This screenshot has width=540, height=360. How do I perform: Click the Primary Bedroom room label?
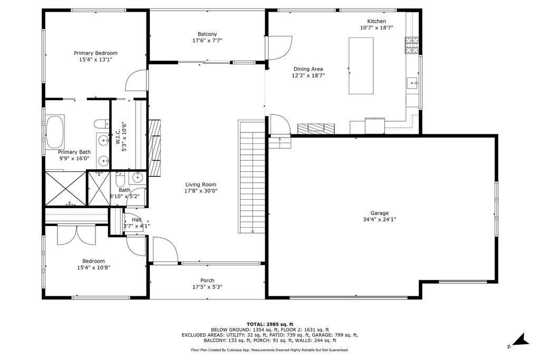point(95,53)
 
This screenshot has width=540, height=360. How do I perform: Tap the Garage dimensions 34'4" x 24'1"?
point(379,220)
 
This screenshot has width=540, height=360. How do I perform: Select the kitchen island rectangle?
point(361,65)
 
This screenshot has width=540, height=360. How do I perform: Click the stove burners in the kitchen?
point(412,46)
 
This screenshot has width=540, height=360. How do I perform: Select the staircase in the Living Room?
point(252,177)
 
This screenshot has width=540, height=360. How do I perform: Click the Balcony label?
point(207,33)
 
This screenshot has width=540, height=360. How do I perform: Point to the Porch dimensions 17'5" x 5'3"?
point(207,287)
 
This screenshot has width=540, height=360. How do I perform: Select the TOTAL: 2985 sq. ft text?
point(270,324)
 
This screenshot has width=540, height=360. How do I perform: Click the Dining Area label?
point(308,69)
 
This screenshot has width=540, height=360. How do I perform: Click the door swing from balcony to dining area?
point(279,47)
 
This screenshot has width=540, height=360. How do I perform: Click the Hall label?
point(137,220)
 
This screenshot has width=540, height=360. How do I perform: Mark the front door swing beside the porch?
point(164,249)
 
